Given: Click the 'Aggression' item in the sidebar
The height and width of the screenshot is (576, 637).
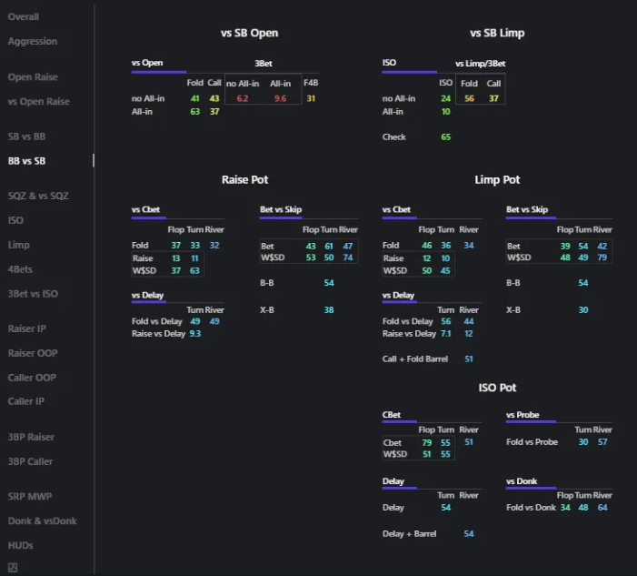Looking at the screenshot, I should point(33,41).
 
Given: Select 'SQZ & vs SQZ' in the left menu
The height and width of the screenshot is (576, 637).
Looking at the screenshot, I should point(38,196).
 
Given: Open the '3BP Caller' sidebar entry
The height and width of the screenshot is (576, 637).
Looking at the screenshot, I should point(31,461).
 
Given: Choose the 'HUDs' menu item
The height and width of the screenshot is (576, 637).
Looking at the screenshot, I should point(21,545).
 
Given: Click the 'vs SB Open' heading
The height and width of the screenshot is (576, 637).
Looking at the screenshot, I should point(249,33).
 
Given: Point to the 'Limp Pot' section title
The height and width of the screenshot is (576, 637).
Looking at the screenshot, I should point(497,180).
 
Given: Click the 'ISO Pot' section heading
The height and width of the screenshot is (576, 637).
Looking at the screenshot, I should point(497,388).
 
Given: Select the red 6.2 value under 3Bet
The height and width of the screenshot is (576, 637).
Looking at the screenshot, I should point(243,98).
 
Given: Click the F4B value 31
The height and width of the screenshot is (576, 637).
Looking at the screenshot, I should point(311,98).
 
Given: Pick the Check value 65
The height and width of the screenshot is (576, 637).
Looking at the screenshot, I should point(445,137).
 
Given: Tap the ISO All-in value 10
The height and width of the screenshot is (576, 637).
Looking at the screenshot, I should point(445,112).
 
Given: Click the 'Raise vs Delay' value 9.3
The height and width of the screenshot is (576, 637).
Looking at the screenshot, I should point(194,334).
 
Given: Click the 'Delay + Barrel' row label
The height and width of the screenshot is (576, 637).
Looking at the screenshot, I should point(410,534).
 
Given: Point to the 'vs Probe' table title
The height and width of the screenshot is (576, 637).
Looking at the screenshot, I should point(523,415).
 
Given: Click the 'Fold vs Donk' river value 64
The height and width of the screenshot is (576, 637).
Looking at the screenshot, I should point(602,508).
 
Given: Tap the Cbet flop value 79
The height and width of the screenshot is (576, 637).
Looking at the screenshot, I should point(427,442).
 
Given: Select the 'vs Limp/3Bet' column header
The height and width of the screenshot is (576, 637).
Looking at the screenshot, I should point(480,64).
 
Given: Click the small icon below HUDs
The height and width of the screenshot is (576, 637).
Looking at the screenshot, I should point(13,568).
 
